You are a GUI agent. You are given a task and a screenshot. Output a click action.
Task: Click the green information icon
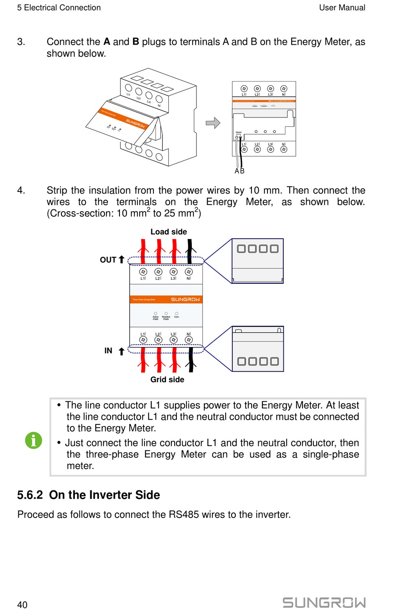pos(33,440)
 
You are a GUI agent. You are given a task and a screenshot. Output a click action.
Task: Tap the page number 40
pos(22,605)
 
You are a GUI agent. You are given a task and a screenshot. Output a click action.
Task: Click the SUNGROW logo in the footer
pos(324,602)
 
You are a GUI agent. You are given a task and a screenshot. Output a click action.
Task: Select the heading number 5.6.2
pos(30,495)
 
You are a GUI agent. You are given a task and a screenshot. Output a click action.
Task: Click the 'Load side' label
pos(168,232)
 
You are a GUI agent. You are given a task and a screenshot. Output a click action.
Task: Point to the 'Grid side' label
pos(167,380)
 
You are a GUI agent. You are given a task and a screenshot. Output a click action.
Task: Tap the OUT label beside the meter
pos(108,260)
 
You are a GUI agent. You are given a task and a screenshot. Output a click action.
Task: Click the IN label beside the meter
pos(108,351)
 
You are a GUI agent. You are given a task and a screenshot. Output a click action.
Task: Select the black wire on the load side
pos(190,251)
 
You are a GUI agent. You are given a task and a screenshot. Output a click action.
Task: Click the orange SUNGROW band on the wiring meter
pos(166,299)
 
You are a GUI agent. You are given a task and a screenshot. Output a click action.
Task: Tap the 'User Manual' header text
pos(342,8)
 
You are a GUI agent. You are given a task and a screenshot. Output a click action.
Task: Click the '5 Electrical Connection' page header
pos(59,8)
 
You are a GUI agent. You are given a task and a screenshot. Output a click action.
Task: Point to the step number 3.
pos(21,42)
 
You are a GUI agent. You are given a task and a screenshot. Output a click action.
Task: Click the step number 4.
pos(21,190)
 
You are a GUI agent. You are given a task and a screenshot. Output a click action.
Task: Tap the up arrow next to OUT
pos(122,259)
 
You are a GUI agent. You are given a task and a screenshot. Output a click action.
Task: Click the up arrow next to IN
pos(121,351)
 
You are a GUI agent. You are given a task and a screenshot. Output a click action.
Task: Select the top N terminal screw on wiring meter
pos(189,272)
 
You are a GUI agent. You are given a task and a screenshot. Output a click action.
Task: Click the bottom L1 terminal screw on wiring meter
pos(143,340)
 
